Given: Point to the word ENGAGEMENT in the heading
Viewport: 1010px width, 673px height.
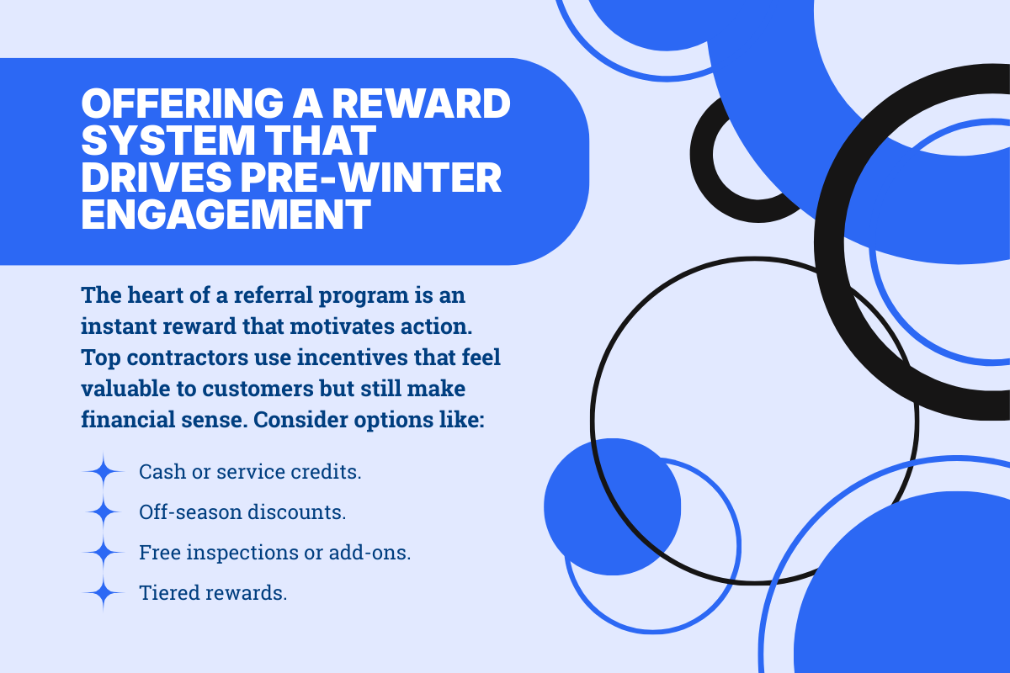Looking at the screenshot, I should pyautogui.click(x=226, y=215).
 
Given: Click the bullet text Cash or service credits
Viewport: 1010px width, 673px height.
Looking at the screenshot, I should pyautogui.click(x=250, y=471).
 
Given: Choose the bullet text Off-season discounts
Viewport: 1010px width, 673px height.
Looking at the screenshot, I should pyautogui.click(x=242, y=511).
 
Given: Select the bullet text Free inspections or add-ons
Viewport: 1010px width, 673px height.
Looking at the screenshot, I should pyautogui.click(x=274, y=553).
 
